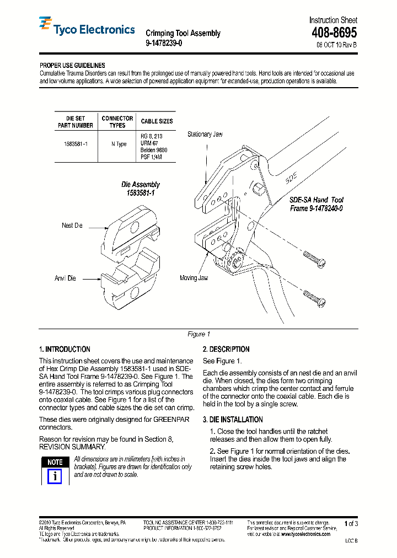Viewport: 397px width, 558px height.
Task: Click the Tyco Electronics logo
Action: click(x=87, y=28)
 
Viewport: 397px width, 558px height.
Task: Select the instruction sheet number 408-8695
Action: click(x=334, y=33)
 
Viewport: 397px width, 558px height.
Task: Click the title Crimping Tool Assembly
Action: click(x=183, y=33)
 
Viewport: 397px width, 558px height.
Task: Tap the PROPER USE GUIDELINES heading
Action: click(x=72, y=66)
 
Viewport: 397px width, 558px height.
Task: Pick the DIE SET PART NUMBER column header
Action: click(x=76, y=122)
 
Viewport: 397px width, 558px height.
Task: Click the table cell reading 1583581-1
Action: click(x=76, y=143)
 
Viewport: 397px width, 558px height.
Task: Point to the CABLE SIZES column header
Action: click(x=157, y=121)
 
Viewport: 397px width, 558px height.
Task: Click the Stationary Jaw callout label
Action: click(x=205, y=134)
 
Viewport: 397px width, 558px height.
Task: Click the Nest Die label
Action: click(x=72, y=226)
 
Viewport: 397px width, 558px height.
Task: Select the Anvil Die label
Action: click(x=65, y=278)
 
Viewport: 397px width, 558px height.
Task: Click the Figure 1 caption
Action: click(x=199, y=334)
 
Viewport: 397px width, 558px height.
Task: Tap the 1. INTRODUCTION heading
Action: click(x=65, y=350)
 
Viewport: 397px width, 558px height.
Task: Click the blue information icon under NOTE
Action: click(x=54, y=476)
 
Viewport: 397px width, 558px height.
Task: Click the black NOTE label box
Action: click(x=54, y=462)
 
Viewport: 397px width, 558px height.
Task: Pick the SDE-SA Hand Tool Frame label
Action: click(x=316, y=205)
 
